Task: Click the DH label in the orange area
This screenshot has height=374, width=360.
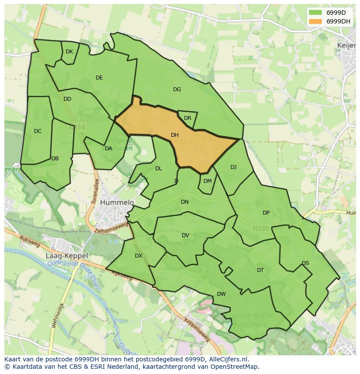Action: click(175, 135)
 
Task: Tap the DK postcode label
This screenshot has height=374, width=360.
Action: click(69, 52)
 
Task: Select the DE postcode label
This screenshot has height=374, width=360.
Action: click(99, 78)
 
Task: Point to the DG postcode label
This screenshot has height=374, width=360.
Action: click(177, 89)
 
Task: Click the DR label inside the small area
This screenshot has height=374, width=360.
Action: click(187, 118)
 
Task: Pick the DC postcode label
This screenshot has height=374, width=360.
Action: click(38, 131)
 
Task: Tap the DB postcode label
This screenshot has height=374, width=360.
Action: click(55, 159)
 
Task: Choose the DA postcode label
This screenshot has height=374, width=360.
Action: click(109, 148)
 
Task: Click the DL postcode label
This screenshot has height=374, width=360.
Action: click(159, 169)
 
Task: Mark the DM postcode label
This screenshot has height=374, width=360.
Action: click(207, 181)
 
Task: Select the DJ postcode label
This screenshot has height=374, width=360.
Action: click(233, 167)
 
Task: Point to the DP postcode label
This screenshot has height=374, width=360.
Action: click(266, 213)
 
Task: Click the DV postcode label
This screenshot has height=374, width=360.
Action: click(186, 235)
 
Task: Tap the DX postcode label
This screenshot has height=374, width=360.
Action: click(138, 256)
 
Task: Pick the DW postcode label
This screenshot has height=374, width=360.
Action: click(221, 294)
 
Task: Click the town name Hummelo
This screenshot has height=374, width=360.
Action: click(117, 202)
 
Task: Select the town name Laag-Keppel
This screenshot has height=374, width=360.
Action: click(67, 256)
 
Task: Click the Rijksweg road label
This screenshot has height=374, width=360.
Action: click(30, 242)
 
